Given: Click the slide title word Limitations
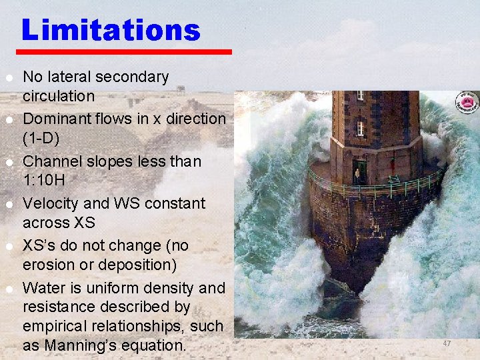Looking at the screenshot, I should tap(111, 31).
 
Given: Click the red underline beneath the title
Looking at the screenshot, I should tap(124, 51).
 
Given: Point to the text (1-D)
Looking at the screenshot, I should tap(41, 138).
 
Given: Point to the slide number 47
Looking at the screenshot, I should tap(447, 343).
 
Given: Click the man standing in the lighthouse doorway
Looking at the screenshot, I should tap(357, 175).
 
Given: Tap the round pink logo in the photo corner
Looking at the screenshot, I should tap(467, 102).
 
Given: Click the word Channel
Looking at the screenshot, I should tap(51, 161).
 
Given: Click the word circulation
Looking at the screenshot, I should tap(59, 96).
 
